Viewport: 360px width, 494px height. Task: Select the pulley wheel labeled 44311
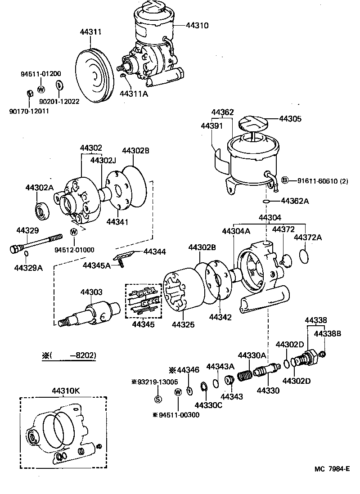click(x=94, y=75)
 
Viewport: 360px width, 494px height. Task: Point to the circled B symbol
click(x=284, y=181)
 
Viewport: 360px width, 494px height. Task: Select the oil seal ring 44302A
click(x=42, y=210)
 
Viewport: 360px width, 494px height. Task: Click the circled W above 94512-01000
click(x=74, y=232)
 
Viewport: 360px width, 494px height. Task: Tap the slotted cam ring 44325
click(x=179, y=292)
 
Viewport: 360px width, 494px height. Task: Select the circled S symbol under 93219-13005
click(x=158, y=399)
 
